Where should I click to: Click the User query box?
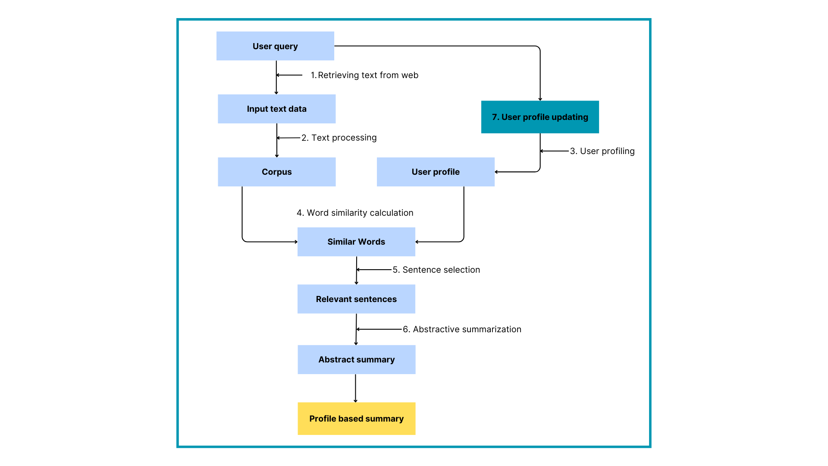[275, 46]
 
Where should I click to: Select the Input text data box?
[276, 109]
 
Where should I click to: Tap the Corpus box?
[276, 172]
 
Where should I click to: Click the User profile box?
[436, 172]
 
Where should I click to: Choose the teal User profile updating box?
[540, 117]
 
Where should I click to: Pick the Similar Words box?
[356, 242]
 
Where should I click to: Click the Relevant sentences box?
[356, 299]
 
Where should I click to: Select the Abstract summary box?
[356, 359]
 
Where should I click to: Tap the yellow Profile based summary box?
[356, 419]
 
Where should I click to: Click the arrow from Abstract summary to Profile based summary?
[355, 388]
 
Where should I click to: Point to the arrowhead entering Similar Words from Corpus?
[296, 242]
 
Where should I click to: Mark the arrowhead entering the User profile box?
[496, 172]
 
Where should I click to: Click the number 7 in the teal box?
[495, 117]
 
